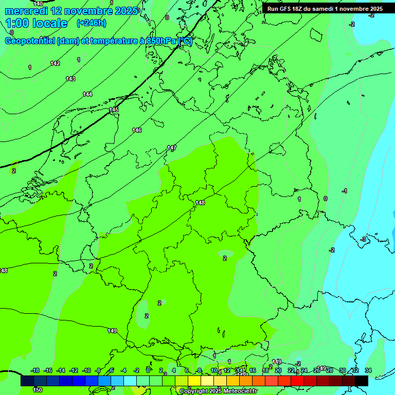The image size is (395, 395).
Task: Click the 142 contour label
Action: click(55, 63)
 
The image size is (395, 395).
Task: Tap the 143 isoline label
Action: click(70, 79)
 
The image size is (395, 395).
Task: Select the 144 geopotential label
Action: click(87, 94)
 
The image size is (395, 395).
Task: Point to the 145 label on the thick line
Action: click(114, 110)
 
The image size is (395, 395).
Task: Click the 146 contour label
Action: click(137, 130)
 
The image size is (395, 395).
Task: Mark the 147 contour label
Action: click(172, 148)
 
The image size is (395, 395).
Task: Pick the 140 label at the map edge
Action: click(38, 4)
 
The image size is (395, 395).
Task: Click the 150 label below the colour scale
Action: click(38, 390)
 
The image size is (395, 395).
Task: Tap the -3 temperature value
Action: click(363, 239)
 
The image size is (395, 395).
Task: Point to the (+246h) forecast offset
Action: click(91, 23)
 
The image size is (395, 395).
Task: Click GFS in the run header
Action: click(286, 9)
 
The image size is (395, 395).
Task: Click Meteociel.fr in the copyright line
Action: click(239, 391)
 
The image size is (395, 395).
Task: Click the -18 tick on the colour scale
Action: click(35, 370)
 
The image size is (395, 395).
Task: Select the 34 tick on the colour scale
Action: click(368, 370)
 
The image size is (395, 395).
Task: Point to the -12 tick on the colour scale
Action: click(74, 370)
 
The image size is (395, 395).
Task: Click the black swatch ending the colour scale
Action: click(361, 381)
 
